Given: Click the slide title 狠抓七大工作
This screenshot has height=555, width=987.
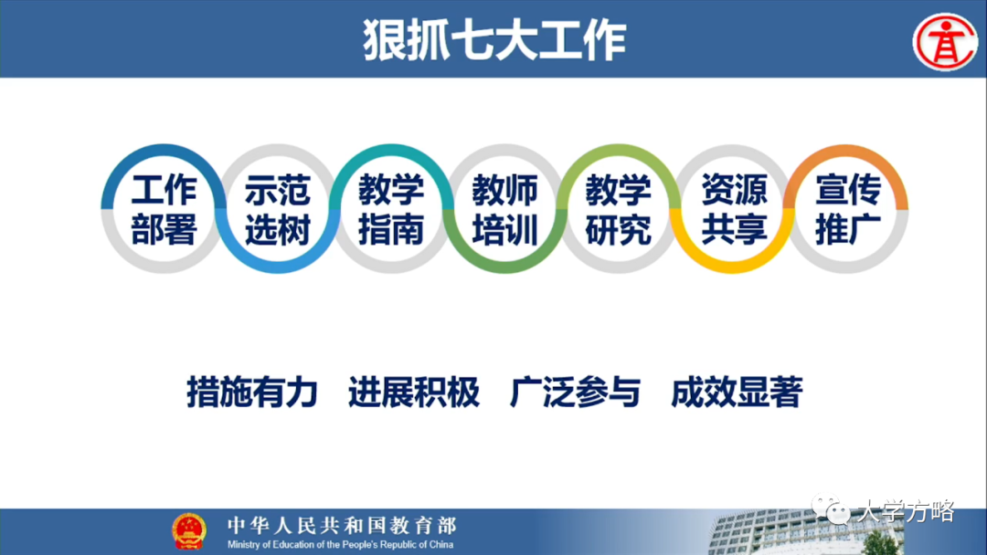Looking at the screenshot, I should (x=493, y=40).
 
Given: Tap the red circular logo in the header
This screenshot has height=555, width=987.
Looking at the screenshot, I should (x=944, y=40).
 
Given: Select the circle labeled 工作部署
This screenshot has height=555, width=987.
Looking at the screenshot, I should (x=164, y=209).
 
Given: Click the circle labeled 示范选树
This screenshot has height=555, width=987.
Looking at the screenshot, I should (x=278, y=209).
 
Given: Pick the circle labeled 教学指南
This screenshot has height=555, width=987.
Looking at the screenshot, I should (x=391, y=209).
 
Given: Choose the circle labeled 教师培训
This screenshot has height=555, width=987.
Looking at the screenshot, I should (x=504, y=209).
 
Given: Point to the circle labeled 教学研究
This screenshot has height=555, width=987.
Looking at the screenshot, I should (x=619, y=209).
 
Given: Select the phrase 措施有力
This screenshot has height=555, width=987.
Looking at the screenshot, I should (x=252, y=393).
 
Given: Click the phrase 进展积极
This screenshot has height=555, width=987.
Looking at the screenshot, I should (x=413, y=393).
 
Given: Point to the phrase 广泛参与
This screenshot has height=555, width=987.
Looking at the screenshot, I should (x=575, y=393).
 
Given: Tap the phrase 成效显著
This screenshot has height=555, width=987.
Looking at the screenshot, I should (x=737, y=393).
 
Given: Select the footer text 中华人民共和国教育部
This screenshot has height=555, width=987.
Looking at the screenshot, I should (x=341, y=525).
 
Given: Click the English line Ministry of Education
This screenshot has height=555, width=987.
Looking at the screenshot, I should (x=341, y=545).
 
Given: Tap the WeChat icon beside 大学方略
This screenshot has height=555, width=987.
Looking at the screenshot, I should (x=834, y=510).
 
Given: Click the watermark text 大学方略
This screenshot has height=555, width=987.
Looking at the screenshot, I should (x=905, y=512).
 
